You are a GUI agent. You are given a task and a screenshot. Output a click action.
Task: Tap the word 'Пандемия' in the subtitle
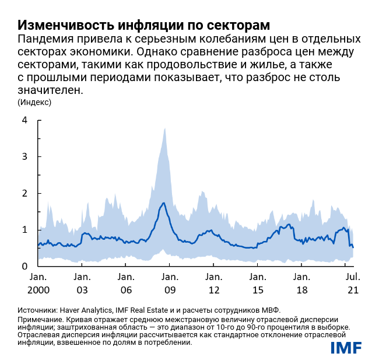click(x=45, y=39)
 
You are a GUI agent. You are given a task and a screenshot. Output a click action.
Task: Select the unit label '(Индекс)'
click(x=34, y=102)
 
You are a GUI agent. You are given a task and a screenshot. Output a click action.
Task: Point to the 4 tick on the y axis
click(x=24, y=120)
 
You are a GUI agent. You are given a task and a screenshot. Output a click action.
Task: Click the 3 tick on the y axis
click(x=24, y=156)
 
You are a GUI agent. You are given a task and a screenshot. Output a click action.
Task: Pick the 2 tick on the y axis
click(x=24, y=193)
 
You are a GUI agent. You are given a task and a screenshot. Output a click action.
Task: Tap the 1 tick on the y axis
click(x=24, y=230)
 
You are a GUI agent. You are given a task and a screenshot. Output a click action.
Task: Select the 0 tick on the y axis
click(x=24, y=266)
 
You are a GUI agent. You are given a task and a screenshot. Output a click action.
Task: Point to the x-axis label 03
click(x=82, y=289)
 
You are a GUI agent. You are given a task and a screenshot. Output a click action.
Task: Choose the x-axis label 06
click(x=125, y=289)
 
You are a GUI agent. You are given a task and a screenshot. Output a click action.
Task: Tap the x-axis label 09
click(x=170, y=289)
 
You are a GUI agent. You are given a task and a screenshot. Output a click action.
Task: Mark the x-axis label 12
click(x=213, y=289)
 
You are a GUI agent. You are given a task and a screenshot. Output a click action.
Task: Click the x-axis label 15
click(x=258, y=289)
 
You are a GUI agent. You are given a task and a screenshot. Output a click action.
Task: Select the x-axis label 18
click(x=301, y=289)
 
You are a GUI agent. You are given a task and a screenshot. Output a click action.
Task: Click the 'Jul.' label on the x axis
click(x=353, y=277)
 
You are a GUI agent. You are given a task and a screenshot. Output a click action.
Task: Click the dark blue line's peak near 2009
click(x=164, y=203)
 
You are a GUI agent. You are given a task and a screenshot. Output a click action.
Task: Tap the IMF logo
click(x=346, y=348)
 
